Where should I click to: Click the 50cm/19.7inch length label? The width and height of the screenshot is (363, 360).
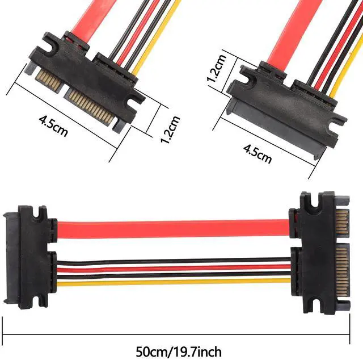click(179, 351)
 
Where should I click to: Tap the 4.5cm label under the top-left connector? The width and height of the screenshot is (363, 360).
click(53, 126)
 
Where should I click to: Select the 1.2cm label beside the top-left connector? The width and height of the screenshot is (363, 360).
click(170, 129)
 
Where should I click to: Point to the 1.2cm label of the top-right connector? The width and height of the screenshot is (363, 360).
click(216, 68)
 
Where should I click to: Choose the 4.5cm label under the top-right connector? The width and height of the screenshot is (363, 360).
click(258, 153)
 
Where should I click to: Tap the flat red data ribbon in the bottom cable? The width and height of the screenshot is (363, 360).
click(173, 229)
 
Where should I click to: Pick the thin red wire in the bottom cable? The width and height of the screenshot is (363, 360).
click(174, 268)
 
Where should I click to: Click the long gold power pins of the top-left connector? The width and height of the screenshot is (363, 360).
click(90, 106)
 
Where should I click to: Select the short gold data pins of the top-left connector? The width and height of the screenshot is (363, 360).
click(49, 79)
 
